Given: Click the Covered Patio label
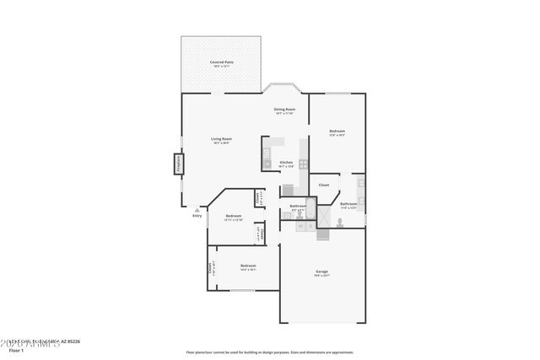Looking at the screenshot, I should [223, 63].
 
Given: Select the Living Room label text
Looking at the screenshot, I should [221, 140].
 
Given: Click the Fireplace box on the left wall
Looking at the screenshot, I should [178, 163].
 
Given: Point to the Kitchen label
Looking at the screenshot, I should [286, 164].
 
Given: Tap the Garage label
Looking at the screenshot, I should [321, 272].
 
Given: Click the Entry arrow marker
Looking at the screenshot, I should [197, 209].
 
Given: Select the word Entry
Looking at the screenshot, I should [197, 216].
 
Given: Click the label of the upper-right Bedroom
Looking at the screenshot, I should [337, 132].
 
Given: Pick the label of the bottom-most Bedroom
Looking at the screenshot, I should [248, 267].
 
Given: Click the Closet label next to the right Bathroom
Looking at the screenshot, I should [323, 185].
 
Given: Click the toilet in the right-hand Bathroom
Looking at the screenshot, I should [339, 222].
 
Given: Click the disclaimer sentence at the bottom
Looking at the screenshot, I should [270, 352].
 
